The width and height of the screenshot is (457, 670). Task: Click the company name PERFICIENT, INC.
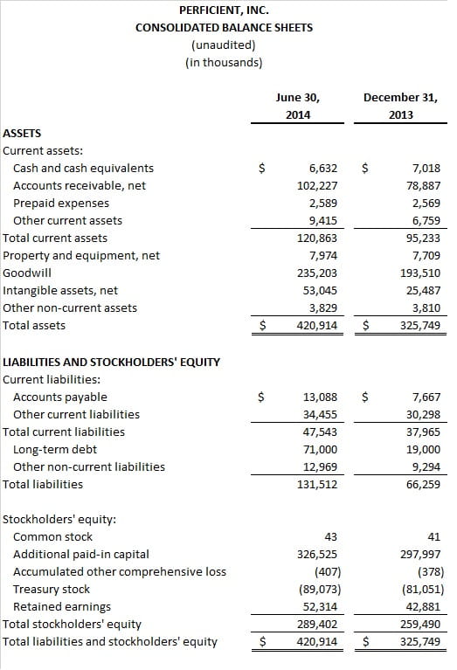click(x=224, y=10)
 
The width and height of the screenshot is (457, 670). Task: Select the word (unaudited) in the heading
click(x=224, y=45)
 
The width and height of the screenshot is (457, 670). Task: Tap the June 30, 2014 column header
click(x=298, y=106)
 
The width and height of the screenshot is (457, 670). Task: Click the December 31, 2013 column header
click(x=400, y=106)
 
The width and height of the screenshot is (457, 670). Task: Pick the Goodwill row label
click(x=27, y=273)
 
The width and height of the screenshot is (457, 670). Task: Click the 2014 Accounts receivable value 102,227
click(x=317, y=185)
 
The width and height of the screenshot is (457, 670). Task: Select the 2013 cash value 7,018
click(x=426, y=168)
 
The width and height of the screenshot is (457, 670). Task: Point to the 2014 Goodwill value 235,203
click(x=317, y=273)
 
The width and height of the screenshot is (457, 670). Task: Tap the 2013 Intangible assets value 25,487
click(x=423, y=290)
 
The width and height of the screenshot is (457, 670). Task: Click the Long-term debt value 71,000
click(x=320, y=449)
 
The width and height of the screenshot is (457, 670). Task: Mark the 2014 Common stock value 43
click(x=331, y=536)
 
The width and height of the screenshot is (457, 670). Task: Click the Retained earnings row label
click(x=62, y=606)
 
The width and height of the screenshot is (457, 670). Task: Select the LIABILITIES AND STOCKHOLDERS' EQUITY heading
click(x=111, y=362)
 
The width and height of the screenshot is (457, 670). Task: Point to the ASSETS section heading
click(x=22, y=134)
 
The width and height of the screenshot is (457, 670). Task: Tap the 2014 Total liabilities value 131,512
click(x=317, y=484)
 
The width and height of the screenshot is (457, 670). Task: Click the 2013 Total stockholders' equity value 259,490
click(x=420, y=624)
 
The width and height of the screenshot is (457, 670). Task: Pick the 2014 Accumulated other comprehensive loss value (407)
click(x=328, y=571)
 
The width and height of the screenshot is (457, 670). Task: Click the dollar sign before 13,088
click(x=261, y=397)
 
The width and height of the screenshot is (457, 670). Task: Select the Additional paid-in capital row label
click(x=81, y=554)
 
